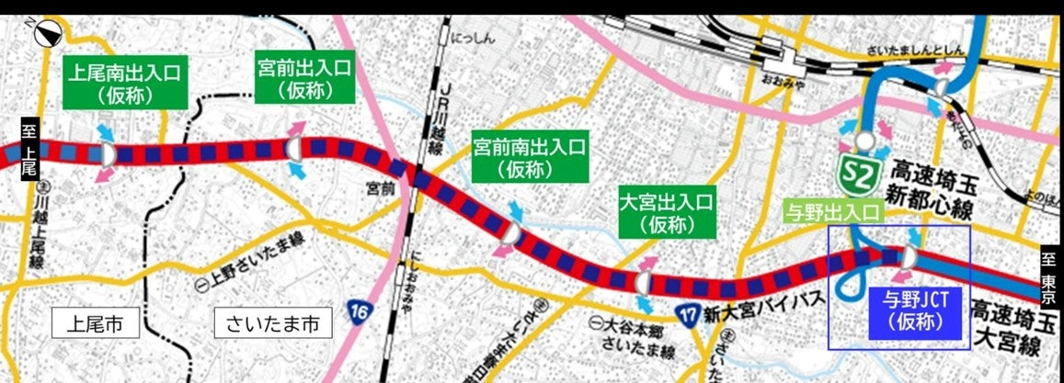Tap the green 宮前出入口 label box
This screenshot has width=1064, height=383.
pos(305,76)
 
